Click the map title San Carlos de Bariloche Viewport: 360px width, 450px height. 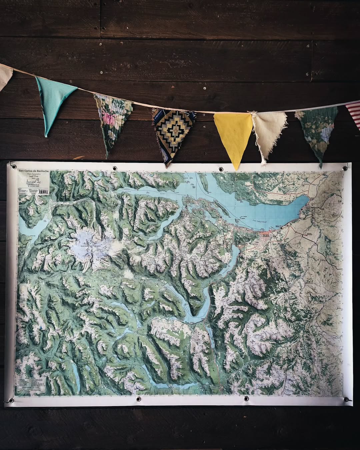click(x=34, y=171)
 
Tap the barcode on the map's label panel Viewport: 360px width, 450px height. click(x=43, y=192)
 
